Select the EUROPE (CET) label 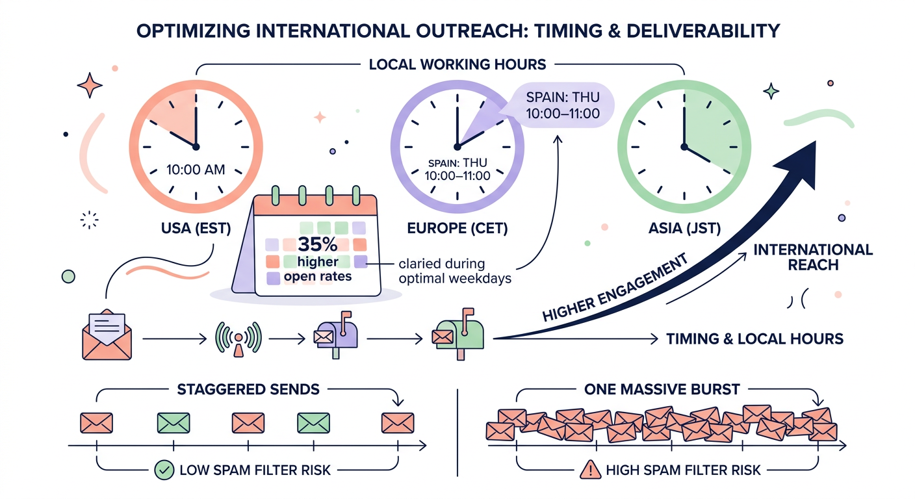click(457, 229)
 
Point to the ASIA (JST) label click(685, 229)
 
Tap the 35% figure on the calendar click(316, 246)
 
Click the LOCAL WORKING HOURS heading click(457, 64)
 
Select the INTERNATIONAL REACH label click(813, 257)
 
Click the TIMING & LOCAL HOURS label click(754, 338)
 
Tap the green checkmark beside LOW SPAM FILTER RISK click(163, 469)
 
